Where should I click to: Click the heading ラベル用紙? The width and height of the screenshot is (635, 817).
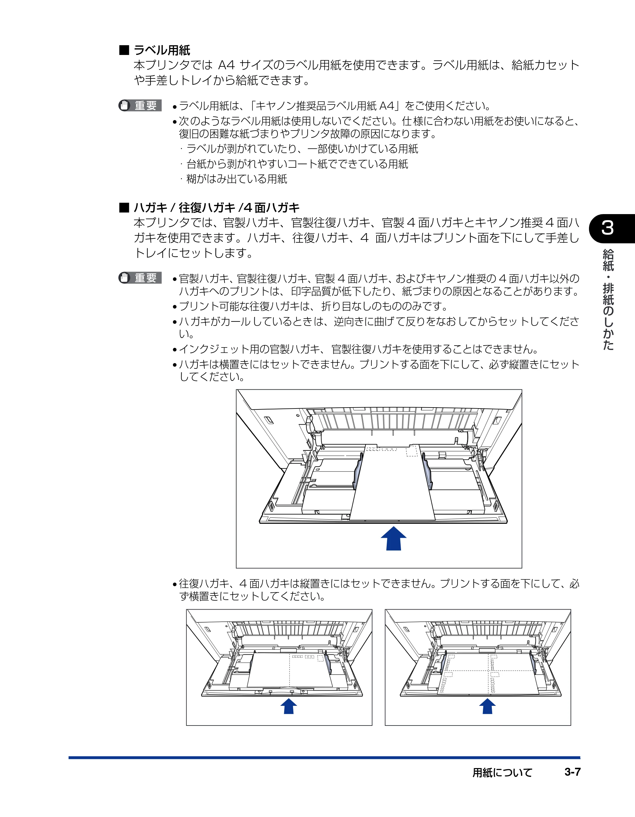tap(162, 50)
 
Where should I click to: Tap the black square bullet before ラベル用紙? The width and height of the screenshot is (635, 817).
tap(124, 50)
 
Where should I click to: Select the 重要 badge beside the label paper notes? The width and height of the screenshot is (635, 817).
tap(140, 105)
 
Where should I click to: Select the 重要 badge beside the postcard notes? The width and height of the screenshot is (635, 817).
tap(140, 278)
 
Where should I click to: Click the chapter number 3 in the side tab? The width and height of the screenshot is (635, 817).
tap(608, 228)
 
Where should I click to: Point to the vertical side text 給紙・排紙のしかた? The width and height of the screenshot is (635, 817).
tap(608, 300)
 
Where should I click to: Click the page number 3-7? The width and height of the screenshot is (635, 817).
tap(572, 772)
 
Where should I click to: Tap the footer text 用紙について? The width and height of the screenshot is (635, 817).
tap(502, 773)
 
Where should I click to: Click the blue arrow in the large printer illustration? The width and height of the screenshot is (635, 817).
tap(393, 539)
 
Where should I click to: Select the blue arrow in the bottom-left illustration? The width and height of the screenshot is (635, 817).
tap(289, 706)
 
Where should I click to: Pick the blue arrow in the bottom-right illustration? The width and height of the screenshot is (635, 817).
tap(487, 706)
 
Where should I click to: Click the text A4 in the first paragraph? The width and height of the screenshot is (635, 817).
tap(226, 65)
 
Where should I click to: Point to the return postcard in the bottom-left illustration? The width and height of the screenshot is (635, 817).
tap(290, 670)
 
